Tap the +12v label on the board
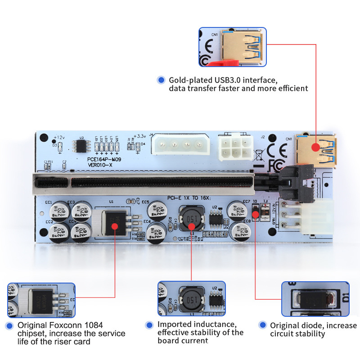tap(59, 137)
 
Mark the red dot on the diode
tap(256, 214)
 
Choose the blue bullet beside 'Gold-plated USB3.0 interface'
tap(161, 80)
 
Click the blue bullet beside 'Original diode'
tap(262, 325)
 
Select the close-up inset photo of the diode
tap(315, 298)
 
